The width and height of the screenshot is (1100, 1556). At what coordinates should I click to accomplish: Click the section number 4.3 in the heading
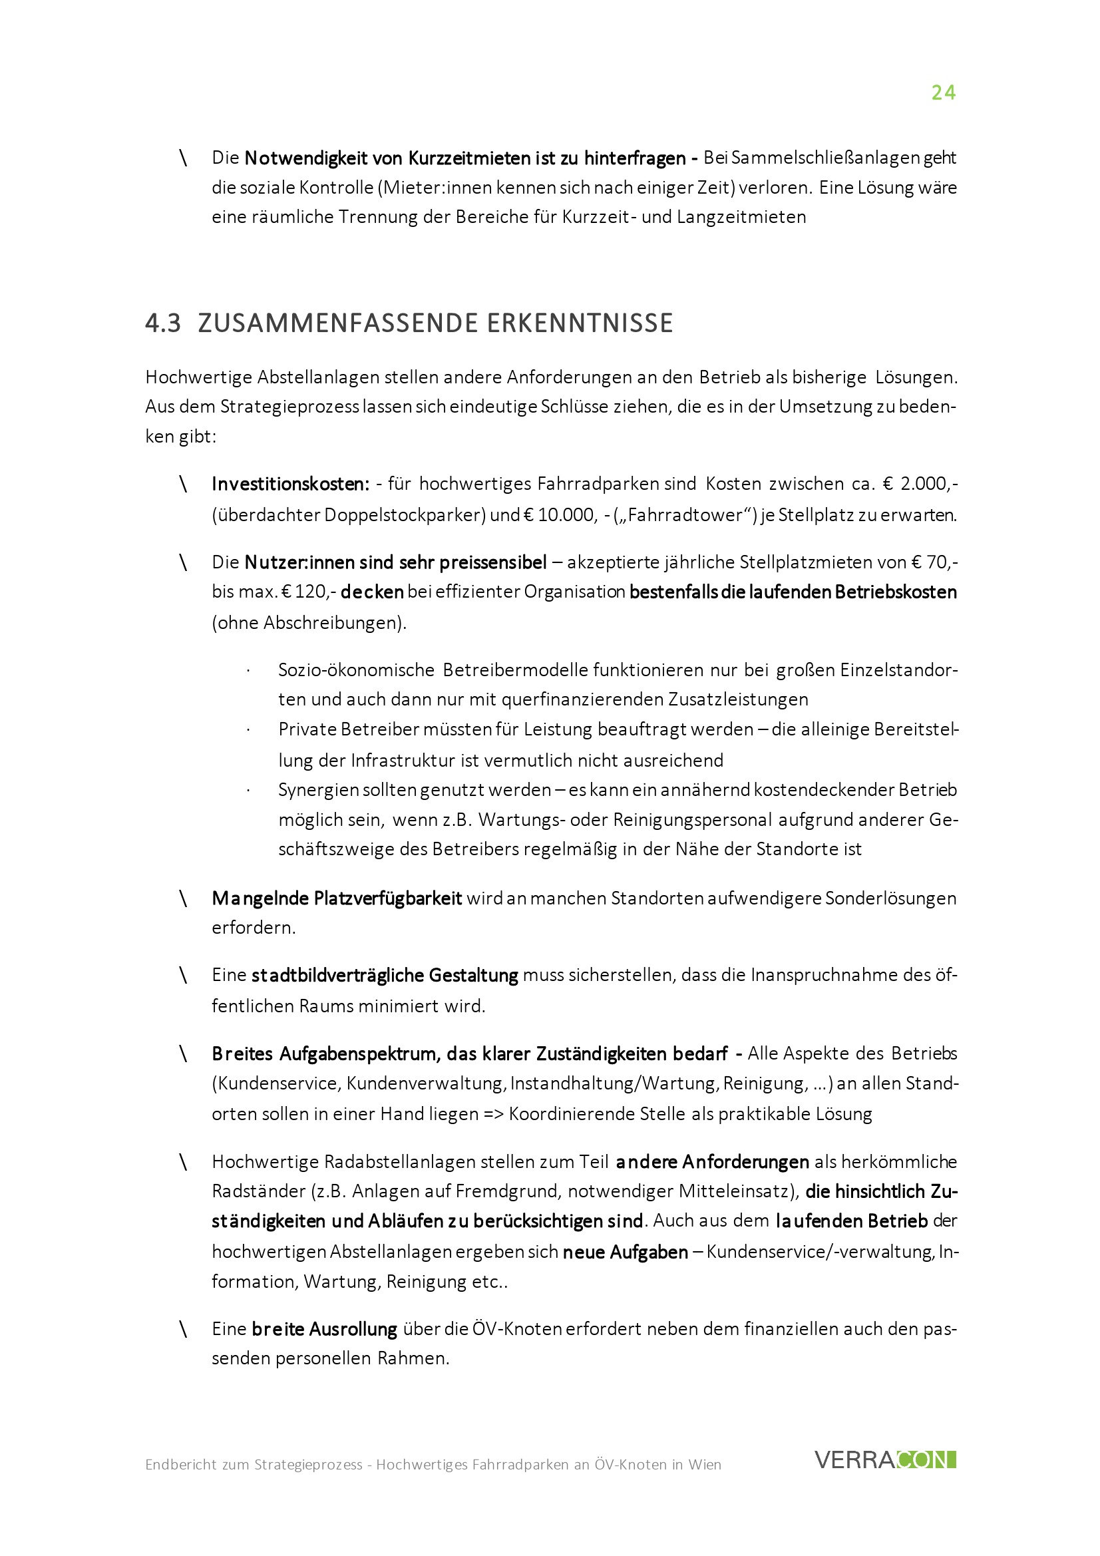(162, 323)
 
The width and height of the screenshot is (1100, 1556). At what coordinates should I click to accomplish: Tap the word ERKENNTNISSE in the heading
(580, 323)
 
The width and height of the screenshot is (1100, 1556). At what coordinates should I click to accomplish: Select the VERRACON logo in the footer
(885, 1459)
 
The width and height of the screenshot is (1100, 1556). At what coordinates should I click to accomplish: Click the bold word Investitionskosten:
(291, 484)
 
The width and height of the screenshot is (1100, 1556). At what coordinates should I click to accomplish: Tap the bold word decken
(371, 592)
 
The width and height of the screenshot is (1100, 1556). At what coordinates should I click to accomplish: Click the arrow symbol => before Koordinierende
(493, 1113)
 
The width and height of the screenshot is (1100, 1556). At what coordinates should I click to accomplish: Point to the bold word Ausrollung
(353, 1329)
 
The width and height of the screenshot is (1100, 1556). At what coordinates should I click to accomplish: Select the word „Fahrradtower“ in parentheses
(686, 515)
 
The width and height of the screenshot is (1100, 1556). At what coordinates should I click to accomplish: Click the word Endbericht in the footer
(181, 1465)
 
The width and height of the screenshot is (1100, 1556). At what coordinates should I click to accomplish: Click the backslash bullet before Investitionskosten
(183, 484)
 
